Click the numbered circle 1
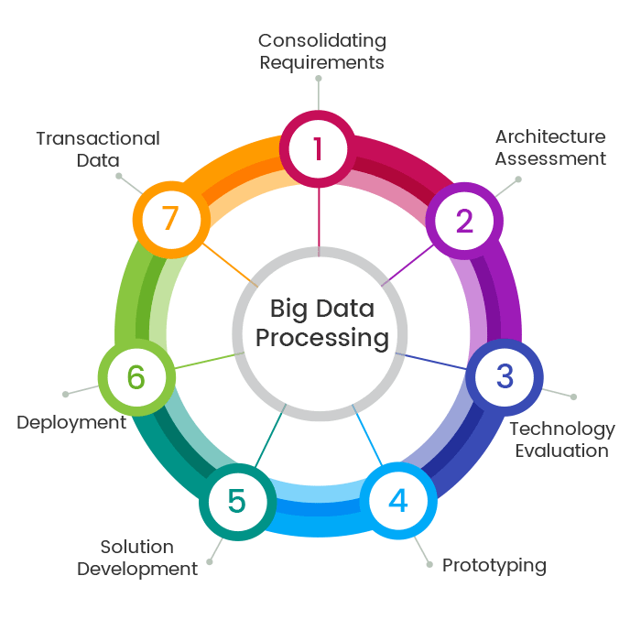pos(318,147)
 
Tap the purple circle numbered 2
pos(464,221)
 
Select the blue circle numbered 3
pos(505,375)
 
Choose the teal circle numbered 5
pos(236,501)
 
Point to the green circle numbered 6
pos(136,375)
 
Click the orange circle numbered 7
pos(168,220)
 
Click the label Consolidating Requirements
pos(321,51)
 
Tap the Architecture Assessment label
pos(550,147)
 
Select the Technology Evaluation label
pos(561,440)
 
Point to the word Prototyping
pos(494,565)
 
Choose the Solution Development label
pos(137,558)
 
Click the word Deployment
pos(71,423)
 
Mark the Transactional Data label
pos(98,149)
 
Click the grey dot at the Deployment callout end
pos(65,395)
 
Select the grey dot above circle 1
pos(319,79)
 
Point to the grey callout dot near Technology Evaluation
pos(573,397)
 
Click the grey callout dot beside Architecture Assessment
pos(518,179)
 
